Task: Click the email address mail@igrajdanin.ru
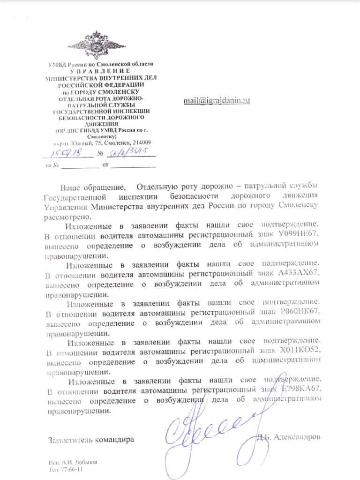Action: (217, 100)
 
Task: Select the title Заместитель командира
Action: (90, 440)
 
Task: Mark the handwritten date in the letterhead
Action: (64, 153)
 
